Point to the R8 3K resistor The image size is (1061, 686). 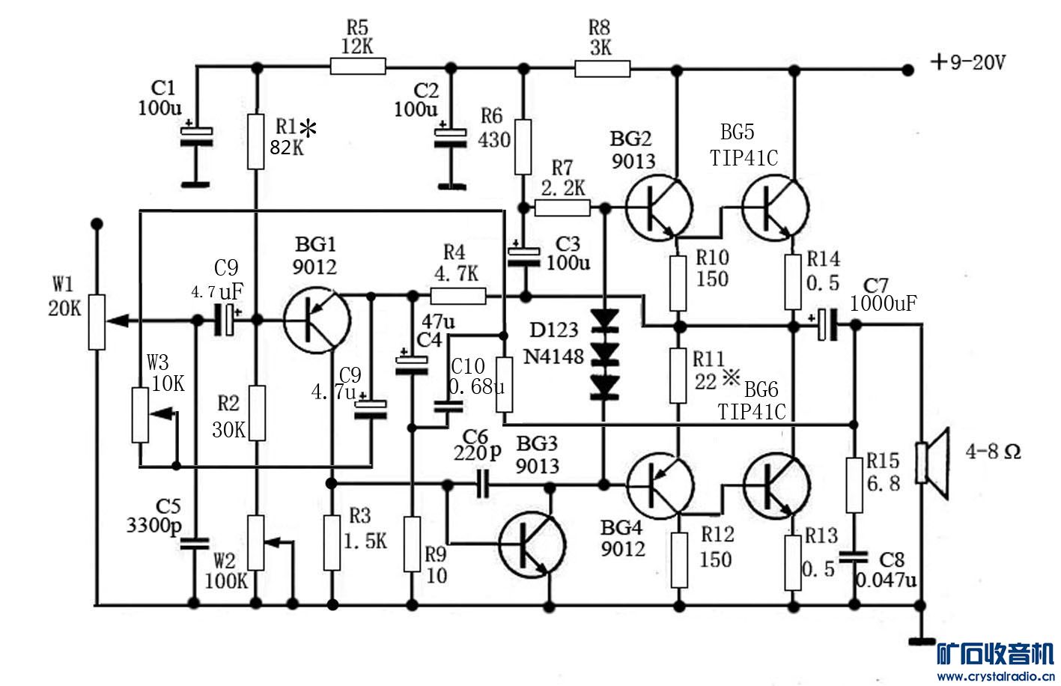coord(602,70)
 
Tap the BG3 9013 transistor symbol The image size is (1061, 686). coord(532,543)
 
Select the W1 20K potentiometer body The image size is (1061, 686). coord(97,321)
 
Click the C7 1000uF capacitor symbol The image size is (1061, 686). coord(827,324)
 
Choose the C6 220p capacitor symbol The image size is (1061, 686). coord(483,485)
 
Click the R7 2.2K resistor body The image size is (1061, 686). coord(562,207)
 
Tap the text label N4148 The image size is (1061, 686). coord(553,356)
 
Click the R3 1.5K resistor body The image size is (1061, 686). coord(332,541)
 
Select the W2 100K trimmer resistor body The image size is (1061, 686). coord(257,542)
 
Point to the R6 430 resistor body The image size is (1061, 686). coord(523,146)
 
